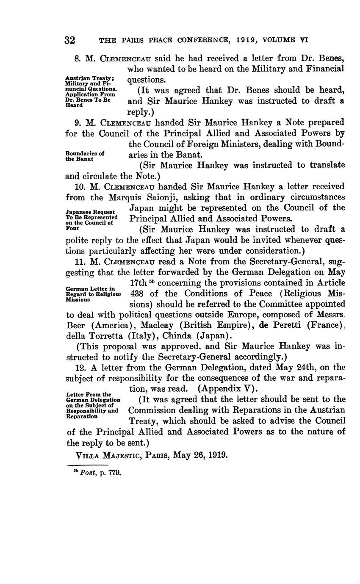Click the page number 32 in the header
70,40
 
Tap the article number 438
137,293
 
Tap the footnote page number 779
115,473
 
